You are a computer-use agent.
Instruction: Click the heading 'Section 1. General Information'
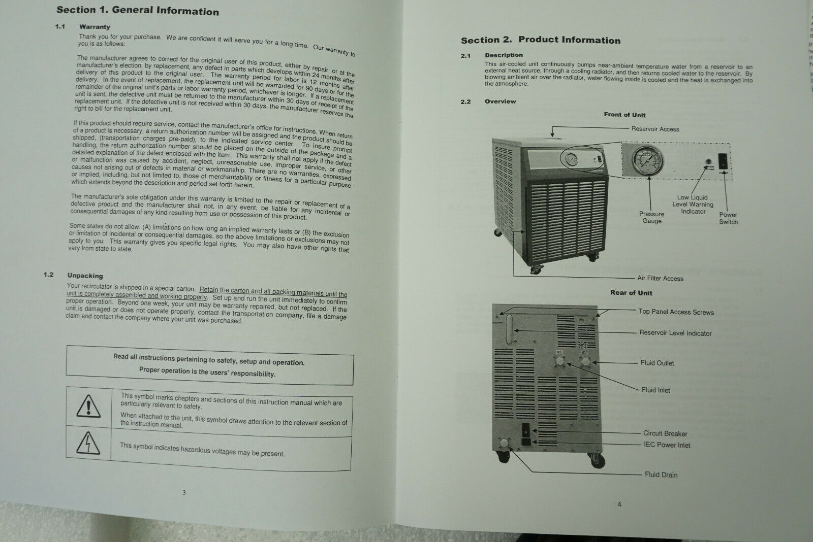tap(137, 11)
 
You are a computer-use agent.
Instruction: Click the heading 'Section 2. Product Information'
tap(540, 40)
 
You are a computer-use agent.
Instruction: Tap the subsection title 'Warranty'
tap(95, 27)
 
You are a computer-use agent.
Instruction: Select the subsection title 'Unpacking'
tap(85, 276)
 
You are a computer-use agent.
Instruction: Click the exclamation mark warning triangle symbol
tap(88, 405)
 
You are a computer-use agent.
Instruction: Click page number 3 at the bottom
tap(184, 492)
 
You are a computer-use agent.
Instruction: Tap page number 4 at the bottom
tap(619, 504)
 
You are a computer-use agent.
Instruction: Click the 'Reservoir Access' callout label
tap(655, 129)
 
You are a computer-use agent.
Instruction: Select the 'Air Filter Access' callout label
tap(660, 278)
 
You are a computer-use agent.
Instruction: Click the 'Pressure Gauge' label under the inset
tap(651, 217)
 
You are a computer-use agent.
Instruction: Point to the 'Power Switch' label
tap(728, 218)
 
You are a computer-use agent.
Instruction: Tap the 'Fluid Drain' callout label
tap(661, 475)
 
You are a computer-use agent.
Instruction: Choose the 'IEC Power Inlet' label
tap(667, 445)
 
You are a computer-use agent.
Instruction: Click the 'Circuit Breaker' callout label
tap(665, 433)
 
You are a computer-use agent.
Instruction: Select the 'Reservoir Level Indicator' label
tap(675, 333)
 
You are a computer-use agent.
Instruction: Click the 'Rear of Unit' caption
tap(631, 293)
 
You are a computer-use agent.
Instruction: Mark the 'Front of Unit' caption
tap(624, 115)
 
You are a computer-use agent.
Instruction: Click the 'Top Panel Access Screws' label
tap(676, 312)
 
